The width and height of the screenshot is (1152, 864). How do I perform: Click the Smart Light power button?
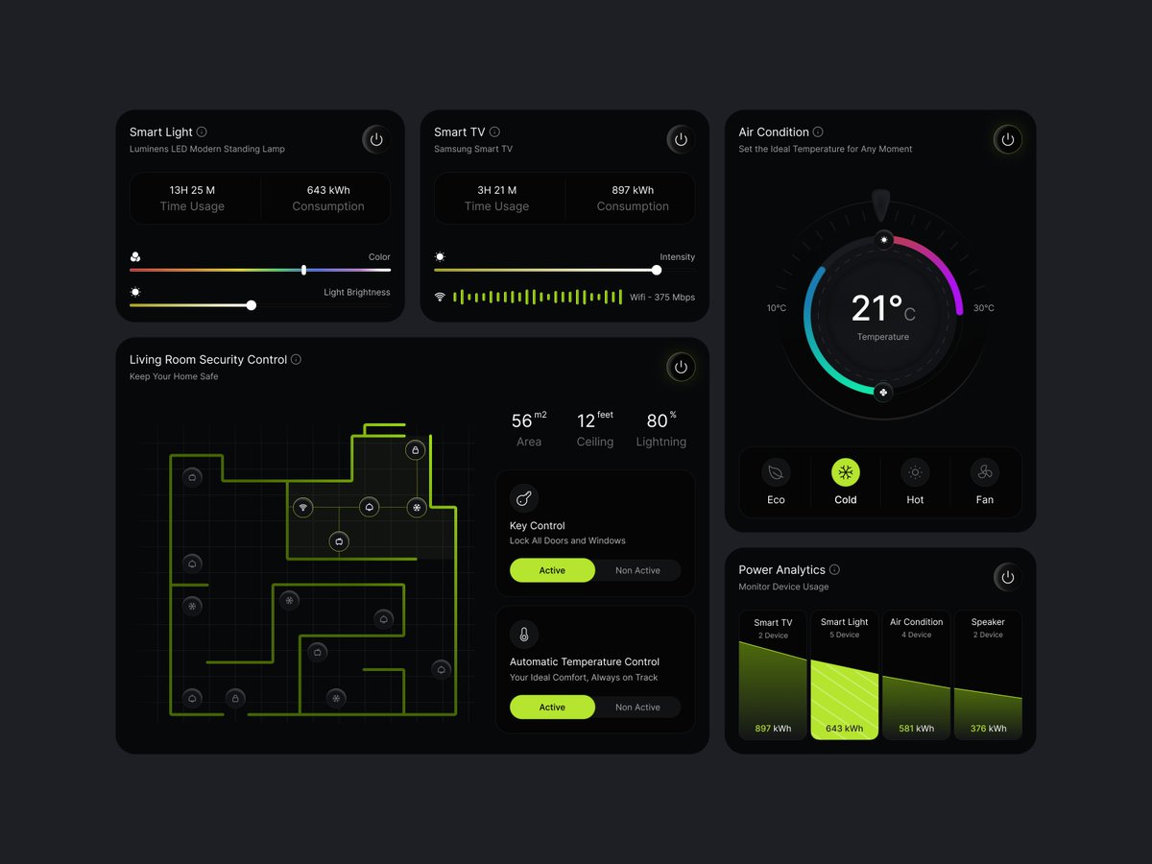pyautogui.click(x=376, y=139)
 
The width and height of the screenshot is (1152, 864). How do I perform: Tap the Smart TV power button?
pyautogui.click(x=681, y=139)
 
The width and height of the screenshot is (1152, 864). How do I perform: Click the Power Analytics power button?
pyautogui.click(x=1007, y=577)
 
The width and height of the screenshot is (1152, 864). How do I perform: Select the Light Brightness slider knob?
pyautogui.click(x=251, y=305)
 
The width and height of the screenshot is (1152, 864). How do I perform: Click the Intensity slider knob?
pyautogui.click(x=657, y=270)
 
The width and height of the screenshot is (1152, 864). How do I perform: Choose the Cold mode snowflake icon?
pyautogui.click(x=846, y=472)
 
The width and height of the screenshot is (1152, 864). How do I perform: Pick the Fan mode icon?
pyautogui.click(x=984, y=472)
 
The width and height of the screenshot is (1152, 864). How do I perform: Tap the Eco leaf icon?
pyautogui.click(x=776, y=472)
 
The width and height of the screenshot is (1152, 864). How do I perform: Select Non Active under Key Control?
pyautogui.click(x=637, y=570)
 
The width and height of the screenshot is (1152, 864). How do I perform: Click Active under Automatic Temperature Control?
pyautogui.click(x=552, y=708)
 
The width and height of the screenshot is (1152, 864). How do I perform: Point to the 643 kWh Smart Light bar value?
pyautogui.click(x=844, y=729)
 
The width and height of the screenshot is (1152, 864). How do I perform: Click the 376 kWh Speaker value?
pyautogui.click(x=988, y=729)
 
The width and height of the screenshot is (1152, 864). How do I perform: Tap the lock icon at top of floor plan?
pyautogui.click(x=416, y=450)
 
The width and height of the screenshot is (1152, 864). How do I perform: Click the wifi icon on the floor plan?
pyautogui.click(x=303, y=507)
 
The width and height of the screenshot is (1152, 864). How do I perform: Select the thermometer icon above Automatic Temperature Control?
pyautogui.click(x=524, y=635)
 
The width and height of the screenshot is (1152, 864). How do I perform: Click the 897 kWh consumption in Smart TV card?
pyautogui.click(x=633, y=190)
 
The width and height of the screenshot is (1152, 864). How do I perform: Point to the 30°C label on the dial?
pyautogui.click(x=984, y=308)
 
